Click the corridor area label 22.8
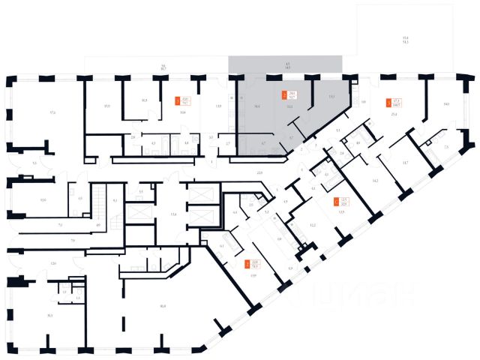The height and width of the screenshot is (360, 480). [259, 173]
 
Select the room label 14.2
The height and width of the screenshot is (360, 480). [375, 181]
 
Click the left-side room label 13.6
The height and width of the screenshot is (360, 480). [43, 199]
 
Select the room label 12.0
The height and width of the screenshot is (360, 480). [53, 264]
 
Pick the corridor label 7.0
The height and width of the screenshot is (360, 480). [73, 240]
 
